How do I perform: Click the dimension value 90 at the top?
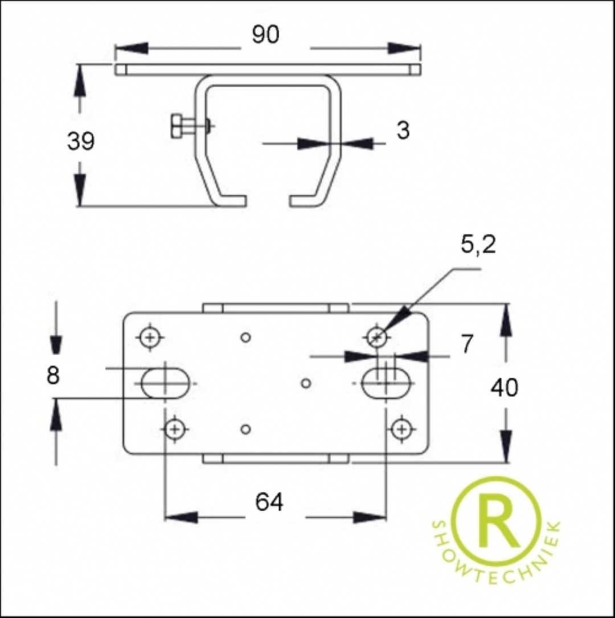click(265, 35)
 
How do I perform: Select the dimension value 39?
click(81, 141)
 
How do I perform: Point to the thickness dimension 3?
click(403, 130)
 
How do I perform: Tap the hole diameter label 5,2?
click(478, 245)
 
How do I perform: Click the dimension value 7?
click(467, 344)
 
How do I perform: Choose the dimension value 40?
click(504, 388)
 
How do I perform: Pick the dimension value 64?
click(269, 502)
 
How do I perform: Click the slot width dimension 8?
click(53, 375)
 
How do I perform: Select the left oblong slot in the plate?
click(165, 383)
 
